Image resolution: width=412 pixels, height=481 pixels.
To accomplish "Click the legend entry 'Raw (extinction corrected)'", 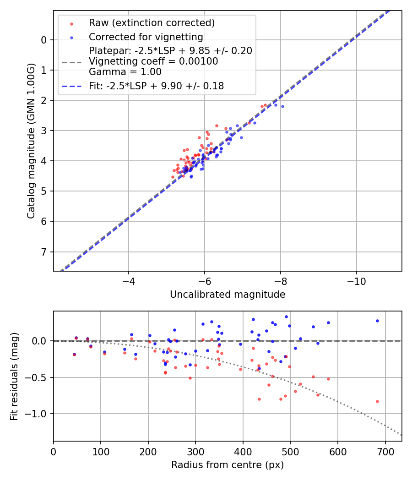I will (152, 23).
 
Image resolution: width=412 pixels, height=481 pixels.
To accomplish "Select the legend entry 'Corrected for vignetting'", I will (146, 37).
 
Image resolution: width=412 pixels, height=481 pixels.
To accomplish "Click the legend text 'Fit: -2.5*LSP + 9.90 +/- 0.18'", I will (156, 86).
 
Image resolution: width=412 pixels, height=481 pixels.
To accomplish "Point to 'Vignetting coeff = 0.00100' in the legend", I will (153, 61).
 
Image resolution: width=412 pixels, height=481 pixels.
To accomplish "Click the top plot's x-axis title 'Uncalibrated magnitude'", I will (228, 295).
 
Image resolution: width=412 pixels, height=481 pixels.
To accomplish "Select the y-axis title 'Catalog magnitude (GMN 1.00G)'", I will (31, 141).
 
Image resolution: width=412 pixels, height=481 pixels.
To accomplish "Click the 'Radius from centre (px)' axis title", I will (228, 465).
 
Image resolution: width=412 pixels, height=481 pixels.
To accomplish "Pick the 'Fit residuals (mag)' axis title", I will (14, 376).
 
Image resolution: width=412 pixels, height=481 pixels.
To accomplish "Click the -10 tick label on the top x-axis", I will (356, 281).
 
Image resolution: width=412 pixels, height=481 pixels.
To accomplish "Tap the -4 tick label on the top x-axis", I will (129, 281).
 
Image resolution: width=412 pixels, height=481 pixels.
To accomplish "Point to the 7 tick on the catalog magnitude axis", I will (44, 252).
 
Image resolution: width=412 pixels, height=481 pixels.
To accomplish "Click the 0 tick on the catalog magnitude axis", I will (44, 40).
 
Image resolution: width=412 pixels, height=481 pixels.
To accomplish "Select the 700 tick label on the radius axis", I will (385, 451).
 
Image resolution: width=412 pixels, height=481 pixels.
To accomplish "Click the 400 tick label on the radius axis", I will (243, 451).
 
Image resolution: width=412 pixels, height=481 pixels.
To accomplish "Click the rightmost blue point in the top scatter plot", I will (282, 106).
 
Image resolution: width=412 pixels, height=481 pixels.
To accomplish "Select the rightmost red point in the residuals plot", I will (377, 401).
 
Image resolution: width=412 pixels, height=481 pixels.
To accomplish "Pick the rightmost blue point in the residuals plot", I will (377, 321).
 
